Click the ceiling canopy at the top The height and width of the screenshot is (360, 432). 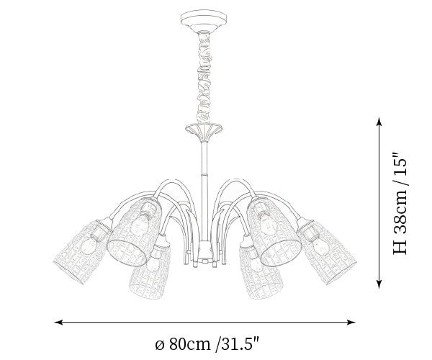204,20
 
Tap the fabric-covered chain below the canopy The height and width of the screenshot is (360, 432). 204,78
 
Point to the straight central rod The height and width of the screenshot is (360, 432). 204,190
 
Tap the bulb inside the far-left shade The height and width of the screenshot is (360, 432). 89,246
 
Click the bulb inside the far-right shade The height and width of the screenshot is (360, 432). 321,247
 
